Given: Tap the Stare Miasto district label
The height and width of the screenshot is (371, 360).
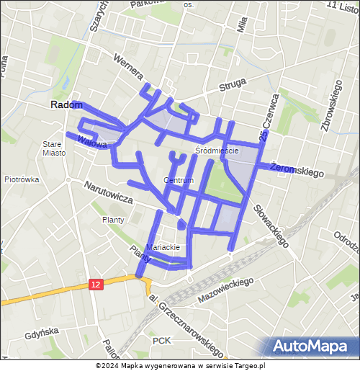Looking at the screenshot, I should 53,148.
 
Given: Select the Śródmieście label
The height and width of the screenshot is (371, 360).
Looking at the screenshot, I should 216,151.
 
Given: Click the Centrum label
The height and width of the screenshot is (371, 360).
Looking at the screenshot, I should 179,180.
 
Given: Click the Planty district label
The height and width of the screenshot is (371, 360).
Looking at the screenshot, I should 113,220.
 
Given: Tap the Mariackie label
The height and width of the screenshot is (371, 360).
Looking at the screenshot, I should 162,247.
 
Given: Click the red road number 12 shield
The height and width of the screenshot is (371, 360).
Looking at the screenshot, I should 96,285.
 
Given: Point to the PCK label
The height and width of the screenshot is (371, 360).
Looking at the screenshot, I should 161,339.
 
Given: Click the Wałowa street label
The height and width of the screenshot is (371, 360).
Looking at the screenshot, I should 93,141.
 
